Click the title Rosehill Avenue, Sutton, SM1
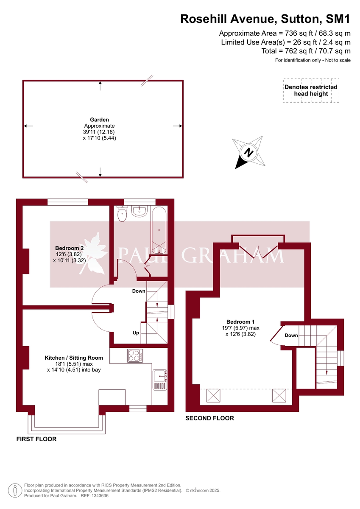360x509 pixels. coord(265,19)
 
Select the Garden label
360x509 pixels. coord(99,120)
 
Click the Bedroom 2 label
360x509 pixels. coord(69,248)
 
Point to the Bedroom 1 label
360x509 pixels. coord(240,322)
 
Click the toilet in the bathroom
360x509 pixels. coord(122,214)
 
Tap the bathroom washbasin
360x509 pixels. coord(140,211)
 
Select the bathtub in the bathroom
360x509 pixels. coord(159,229)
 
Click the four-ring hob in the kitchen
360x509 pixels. coord(135,355)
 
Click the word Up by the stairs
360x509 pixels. coord(136,333)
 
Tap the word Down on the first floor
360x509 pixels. coord(139,291)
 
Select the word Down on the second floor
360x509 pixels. coord(291,336)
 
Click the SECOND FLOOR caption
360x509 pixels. coord(209,418)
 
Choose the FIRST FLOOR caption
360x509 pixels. coord(36,439)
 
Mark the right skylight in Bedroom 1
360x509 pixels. coord(279,396)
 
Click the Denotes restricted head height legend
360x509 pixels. coord(311,90)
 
